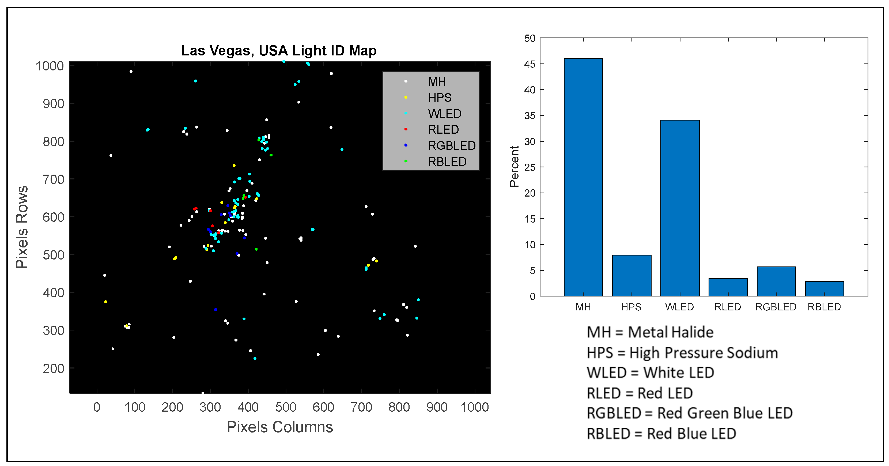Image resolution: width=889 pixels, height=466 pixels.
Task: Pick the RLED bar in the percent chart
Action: click(728, 287)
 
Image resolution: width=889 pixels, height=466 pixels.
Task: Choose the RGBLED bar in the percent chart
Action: click(776, 281)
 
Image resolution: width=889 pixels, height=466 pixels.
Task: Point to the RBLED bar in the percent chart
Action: click(824, 289)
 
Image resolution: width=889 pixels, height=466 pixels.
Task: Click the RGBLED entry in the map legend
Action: click(451, 146)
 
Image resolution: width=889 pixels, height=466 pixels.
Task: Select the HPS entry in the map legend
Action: click(439, 98)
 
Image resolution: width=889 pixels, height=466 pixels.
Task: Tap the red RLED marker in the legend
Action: click(406, 129)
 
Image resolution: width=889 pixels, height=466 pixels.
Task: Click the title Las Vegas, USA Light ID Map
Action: click(279, 51)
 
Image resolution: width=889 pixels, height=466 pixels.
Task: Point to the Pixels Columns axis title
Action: click(279, 427)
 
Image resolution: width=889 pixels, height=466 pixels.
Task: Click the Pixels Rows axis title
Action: click(22, 227)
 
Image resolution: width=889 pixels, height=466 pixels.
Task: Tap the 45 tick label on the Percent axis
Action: click(530, 64)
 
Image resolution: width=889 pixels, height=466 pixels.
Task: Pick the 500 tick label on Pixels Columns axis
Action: click(285, 407)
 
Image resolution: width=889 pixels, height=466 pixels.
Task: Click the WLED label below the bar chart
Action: click(679, 307)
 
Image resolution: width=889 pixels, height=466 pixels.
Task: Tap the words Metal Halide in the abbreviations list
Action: click(670, 332)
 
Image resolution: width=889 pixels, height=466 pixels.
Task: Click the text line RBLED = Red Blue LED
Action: click(661, 434)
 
